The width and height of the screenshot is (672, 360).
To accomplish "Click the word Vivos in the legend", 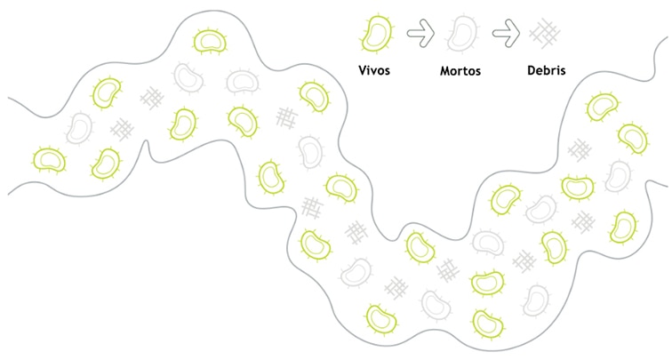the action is click(x=374, y=70).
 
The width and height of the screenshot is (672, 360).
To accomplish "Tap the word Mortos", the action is click(x=460, y=70).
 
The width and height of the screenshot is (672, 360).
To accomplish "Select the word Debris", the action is click(x=547, y=70).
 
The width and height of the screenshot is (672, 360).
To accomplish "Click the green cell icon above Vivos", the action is click(x=377, y=34).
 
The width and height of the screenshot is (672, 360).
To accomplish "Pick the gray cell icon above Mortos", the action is click(x=461, y=34).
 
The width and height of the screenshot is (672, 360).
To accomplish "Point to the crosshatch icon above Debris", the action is click(x=545, y=34).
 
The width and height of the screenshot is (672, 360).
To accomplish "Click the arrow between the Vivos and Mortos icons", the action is click(x=420, y=33).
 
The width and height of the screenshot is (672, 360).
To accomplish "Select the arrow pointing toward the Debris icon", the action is click(x=506, y=33).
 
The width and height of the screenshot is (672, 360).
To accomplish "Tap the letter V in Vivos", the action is click(x=363, y=70).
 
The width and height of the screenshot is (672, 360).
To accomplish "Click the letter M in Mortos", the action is click(x=445, y=70).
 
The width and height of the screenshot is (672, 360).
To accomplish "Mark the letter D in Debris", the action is click(x=532, y=70).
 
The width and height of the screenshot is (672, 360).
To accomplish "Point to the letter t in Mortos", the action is click(x=466, y=71).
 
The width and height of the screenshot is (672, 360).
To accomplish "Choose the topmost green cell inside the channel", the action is click(x=210, y=41).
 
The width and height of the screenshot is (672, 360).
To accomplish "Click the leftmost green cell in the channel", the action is click(x=50, y=160).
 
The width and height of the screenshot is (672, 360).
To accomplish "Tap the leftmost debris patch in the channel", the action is click(x=122, y=129).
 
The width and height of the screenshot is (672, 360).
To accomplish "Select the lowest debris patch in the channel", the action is click(x=396, y=288).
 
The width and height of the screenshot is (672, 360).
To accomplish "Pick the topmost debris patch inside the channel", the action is click(x=152, y=98).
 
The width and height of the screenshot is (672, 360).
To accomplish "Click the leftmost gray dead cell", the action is click(x=79, y=128).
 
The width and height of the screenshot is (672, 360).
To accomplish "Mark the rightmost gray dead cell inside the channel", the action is click(x=618, y=176).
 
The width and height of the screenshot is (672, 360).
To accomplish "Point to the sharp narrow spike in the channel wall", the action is click(x=147, y=146).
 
